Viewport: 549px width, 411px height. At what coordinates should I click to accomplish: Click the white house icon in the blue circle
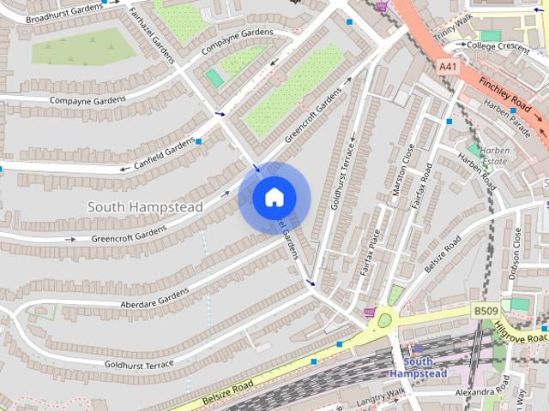pyautogui.click(x=273, y=197)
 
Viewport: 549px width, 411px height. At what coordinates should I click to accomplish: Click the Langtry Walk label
pyautogui.click(x=374, y=395)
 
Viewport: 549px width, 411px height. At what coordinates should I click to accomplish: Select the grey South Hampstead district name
pyautogui.click(x=145, y=207)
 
